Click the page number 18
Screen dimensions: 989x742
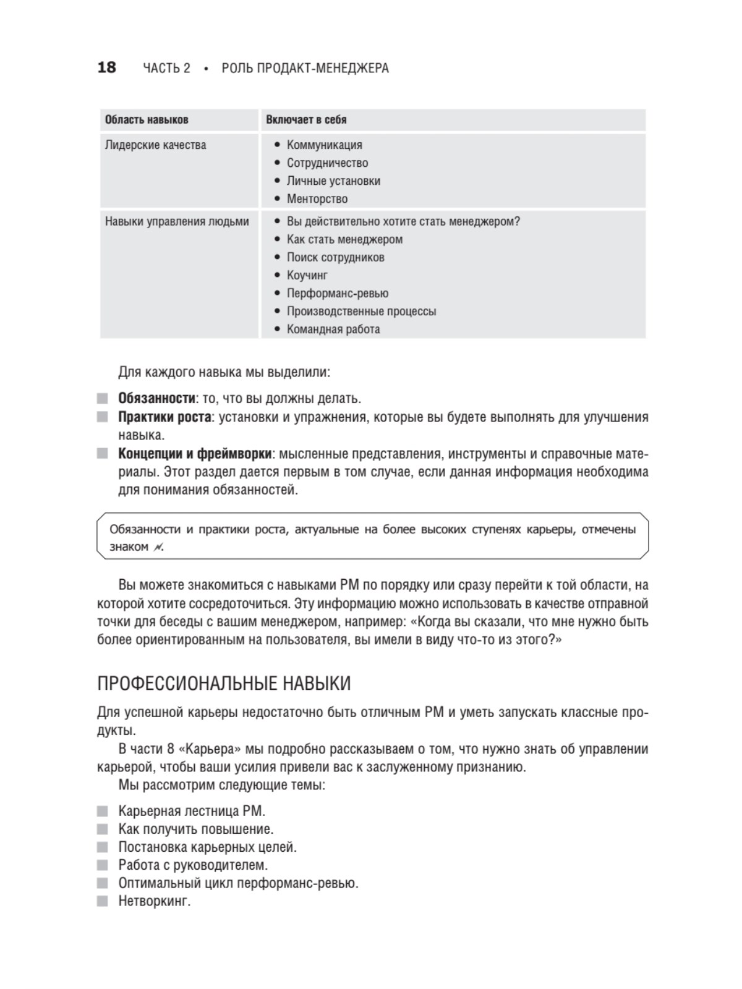tap(106, 67)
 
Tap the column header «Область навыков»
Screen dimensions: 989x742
tap(147, 120)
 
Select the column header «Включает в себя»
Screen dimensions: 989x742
tap(306, 120)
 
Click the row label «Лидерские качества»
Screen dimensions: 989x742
tap(155, 145)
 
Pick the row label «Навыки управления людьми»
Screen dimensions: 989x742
tap(177, 221)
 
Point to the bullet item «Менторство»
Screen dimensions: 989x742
tap(317, 199)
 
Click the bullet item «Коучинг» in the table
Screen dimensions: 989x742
tap(307, 275)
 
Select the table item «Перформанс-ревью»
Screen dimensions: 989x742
tap(337, 293)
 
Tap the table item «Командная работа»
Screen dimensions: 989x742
tap(333, 329)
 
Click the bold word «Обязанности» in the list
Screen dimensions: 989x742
tap(156, 399)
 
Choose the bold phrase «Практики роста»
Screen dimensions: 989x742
tap(164, 417)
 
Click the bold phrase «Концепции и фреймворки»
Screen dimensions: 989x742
tap(195, 454)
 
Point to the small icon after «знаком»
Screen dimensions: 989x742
tap(158, 547)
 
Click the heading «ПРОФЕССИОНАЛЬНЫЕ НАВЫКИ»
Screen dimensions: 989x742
tap(224, 684)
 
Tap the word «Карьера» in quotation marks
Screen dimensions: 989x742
tap(210, 749)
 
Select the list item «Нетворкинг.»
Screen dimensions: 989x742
tap(155, 901)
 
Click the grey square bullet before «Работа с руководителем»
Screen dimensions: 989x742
tap(103, 865)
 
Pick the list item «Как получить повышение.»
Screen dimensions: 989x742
tap(195, 829)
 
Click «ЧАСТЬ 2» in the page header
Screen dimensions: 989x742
tap(166, 68)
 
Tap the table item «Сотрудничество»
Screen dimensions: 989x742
tap(327, 163)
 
